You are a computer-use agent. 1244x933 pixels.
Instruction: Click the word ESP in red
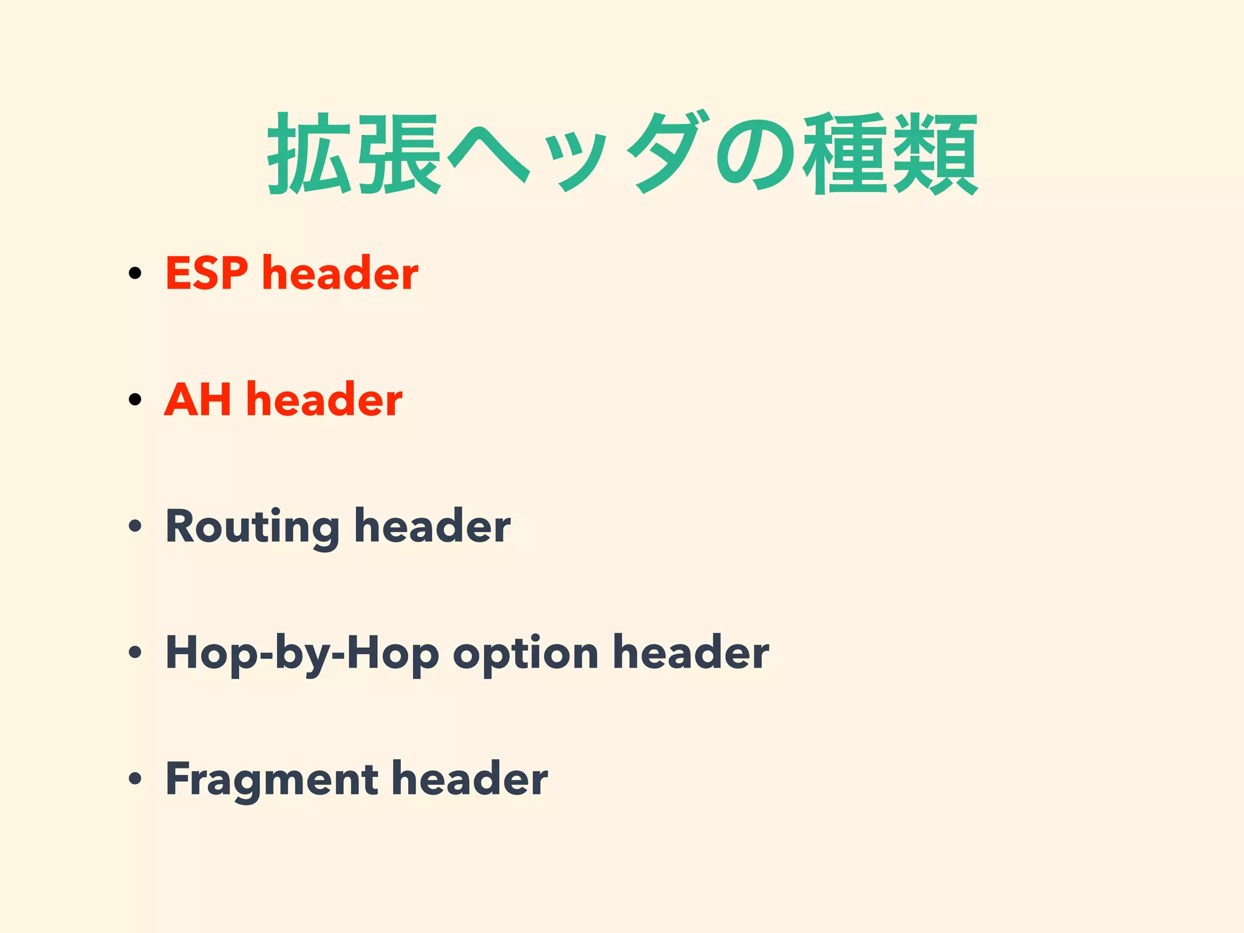(207, 273)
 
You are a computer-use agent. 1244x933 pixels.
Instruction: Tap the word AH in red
(197, 400)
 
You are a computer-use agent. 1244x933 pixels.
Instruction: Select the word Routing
(252, 527)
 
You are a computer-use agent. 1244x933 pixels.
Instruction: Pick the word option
(525, 654)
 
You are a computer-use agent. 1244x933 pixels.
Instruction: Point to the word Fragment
(271, 780)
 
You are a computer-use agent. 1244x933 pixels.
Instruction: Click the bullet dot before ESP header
(135, 273)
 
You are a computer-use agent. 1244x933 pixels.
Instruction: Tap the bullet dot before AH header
(135, 399)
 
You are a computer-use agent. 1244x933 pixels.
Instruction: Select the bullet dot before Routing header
(135, 525)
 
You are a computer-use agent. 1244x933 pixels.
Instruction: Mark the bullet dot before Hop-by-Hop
(135, 652)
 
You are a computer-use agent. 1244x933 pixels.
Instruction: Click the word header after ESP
(340, 273)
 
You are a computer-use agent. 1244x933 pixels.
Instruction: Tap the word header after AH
(324, 400)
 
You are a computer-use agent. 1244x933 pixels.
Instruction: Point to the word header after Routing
(432, 526)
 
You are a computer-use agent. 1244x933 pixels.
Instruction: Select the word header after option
(691, 652)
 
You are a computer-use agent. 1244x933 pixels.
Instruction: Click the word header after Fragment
(470, 779)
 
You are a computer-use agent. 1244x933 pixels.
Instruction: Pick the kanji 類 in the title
(935, 154)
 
